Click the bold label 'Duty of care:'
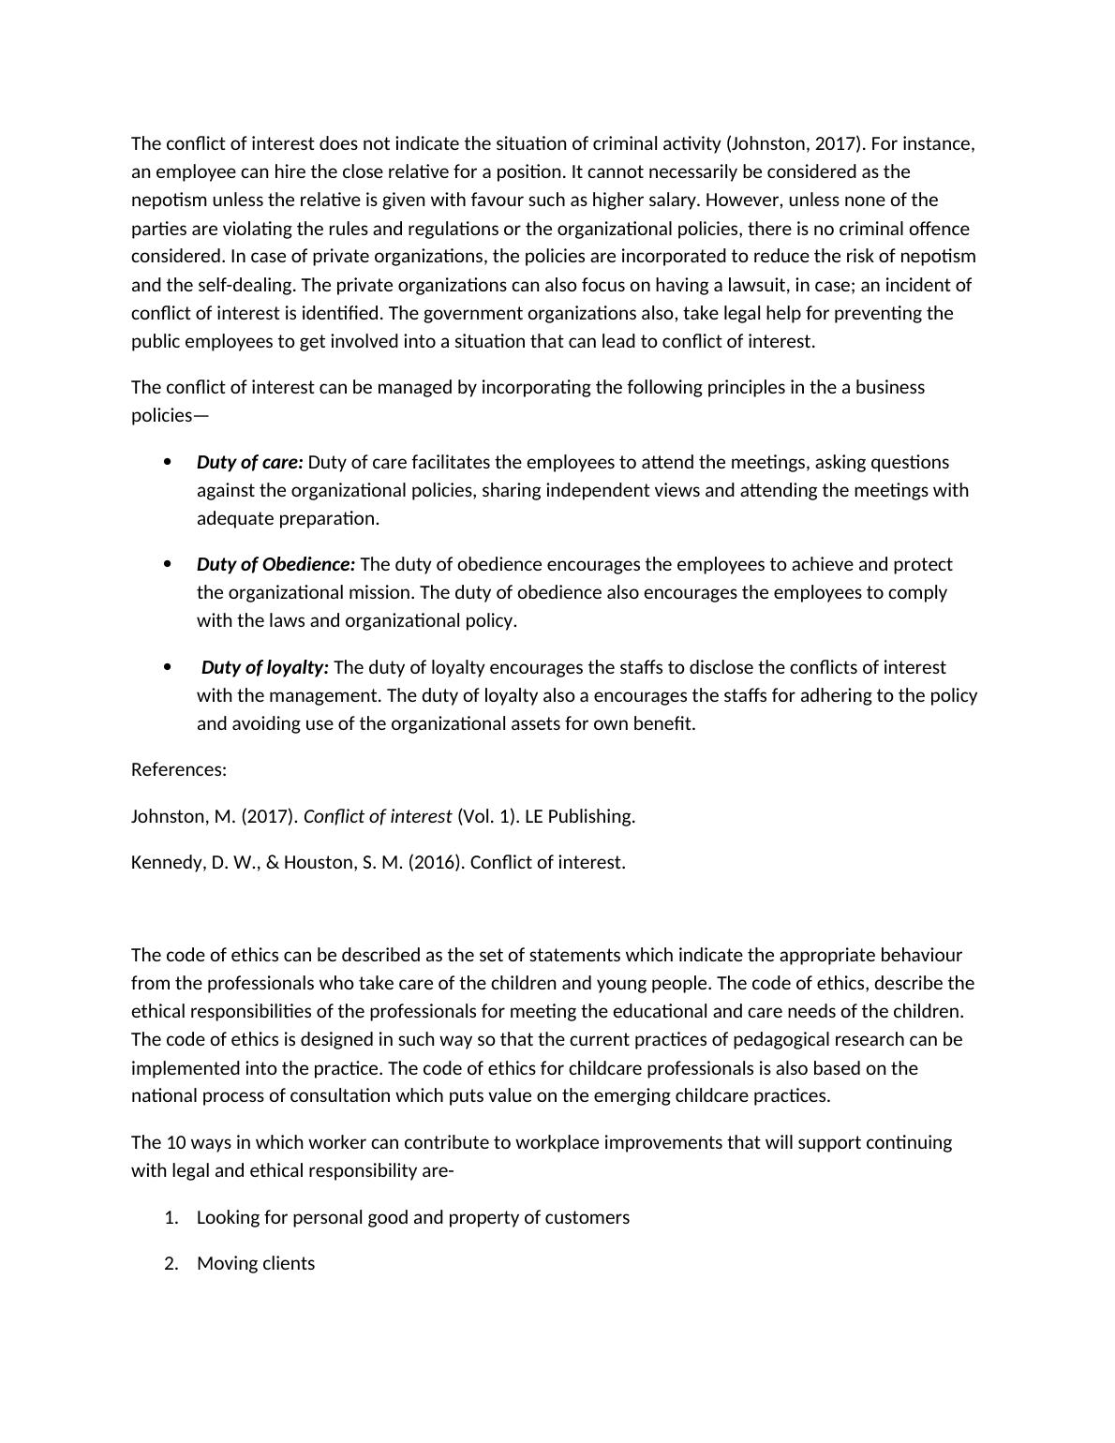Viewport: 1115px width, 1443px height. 249,462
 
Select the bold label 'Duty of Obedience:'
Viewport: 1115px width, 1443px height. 275,564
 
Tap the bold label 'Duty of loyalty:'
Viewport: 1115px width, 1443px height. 264,667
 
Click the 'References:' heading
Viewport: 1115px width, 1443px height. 179,769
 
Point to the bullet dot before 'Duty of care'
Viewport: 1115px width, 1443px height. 168,461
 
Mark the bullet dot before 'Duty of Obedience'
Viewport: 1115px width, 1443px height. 168,563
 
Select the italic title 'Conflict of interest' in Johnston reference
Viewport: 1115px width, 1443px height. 378,816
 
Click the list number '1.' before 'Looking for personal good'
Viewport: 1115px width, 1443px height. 171,1217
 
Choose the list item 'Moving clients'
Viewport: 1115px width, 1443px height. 256,1263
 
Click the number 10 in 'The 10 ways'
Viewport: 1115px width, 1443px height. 176,1142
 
